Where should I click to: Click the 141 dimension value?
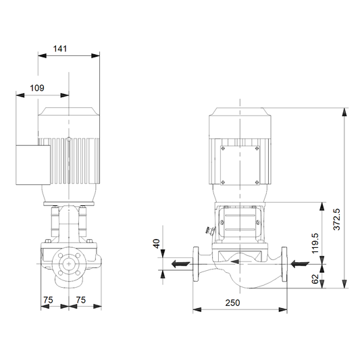[x=60, y=49]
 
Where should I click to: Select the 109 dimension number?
[x=37, y=88]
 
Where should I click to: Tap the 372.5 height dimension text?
[x=337, y=220]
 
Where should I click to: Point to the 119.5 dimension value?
[x=315, y=243]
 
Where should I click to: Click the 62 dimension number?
[x=315, y=279]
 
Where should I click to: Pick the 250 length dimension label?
[x=232, y=303]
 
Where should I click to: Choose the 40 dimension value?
[x=156, y=244]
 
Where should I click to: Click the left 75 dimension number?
[x=48, y=300]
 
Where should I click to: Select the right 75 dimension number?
[x=81, y=300]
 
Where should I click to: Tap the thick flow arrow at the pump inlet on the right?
[x=300, y=264]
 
